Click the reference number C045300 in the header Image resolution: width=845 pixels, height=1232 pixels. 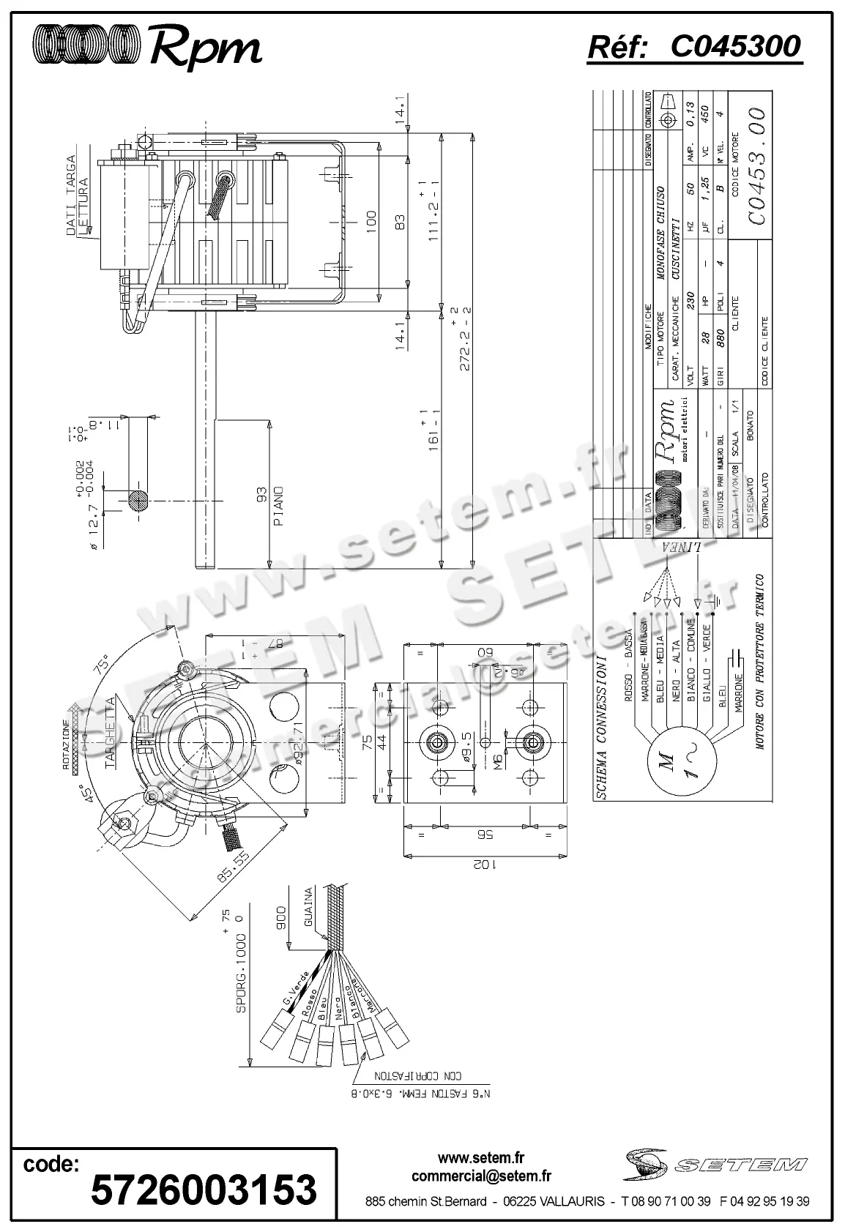pos(735,47)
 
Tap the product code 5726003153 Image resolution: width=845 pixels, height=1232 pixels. pos(204,1189)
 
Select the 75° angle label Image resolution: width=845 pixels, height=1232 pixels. pos(102,663)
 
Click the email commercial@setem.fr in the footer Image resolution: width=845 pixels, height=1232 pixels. pos(481,1176)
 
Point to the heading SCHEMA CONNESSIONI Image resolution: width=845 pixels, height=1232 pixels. pos(602,725)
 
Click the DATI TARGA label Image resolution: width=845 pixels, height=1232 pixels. pos(72,194)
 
